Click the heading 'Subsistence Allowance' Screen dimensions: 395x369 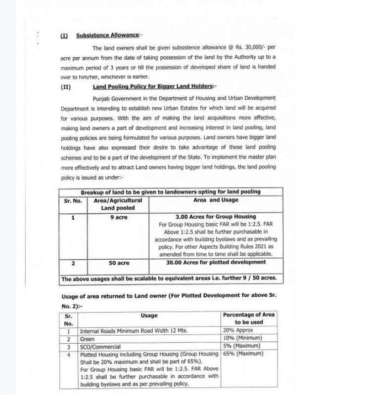tap(108, 35)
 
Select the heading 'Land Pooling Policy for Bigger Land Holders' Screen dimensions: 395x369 tap(148, 86)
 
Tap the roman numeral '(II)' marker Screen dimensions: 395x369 tap(66, 86)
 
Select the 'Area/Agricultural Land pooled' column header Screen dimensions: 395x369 tap(118, 204)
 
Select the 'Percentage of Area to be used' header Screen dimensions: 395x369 tap(249, 318)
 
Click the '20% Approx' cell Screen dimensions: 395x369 tap(238, 330)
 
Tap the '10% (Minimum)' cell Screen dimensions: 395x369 tap(242, 338)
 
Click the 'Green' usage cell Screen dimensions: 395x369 tap(87, 339)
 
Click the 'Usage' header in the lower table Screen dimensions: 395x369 tap(149, 315)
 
